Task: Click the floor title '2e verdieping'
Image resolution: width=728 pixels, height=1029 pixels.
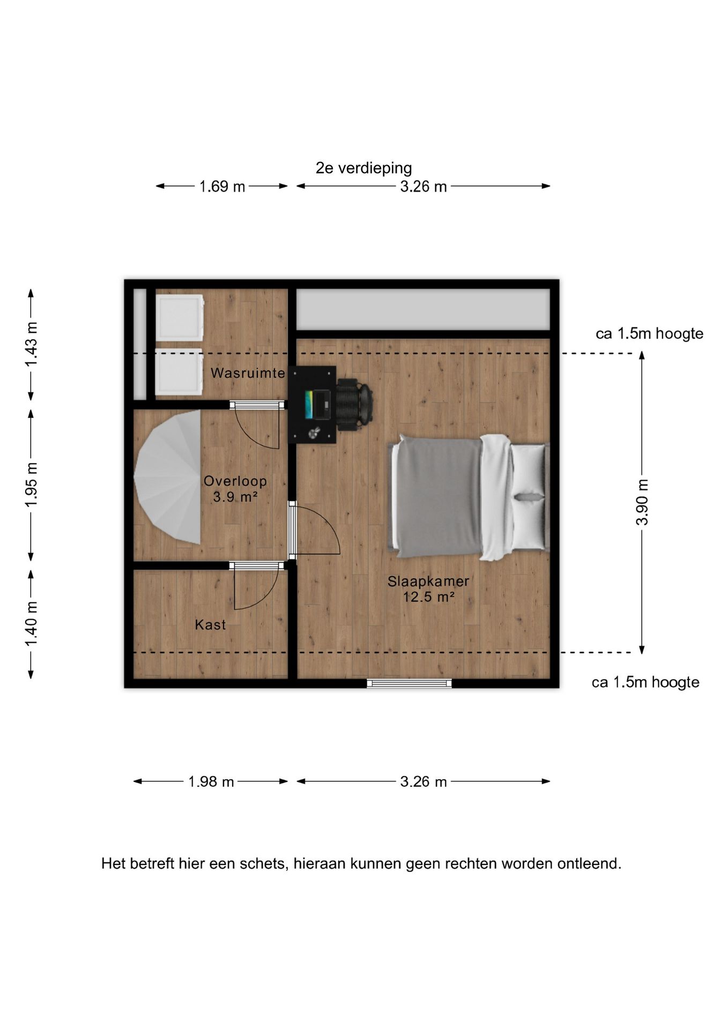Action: click(363, 168)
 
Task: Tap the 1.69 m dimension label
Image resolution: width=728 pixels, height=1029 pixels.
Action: click(222, 187)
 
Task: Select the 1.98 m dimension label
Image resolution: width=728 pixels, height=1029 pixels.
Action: click(211, 782)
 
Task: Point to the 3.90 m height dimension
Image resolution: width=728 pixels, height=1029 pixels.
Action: click(642, 502)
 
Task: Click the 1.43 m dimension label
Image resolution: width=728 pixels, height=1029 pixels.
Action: click(31, 345)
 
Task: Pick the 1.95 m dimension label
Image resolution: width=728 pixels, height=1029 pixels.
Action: click(31, 484)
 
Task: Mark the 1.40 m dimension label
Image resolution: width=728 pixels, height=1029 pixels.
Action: click(31, 624)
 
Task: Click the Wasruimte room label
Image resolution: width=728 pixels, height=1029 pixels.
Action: click(248, 373)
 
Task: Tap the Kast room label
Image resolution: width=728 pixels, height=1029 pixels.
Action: click(210, 624)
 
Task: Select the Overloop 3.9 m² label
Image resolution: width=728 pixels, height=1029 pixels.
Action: click(235, 489)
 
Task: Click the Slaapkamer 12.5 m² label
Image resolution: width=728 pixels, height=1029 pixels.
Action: click(428, 588)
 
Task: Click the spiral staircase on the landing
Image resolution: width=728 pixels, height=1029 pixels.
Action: click(167, 477)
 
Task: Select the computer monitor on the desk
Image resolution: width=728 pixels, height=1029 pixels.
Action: click(309, 405)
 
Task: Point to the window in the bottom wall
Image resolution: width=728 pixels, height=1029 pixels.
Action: click(409, 683)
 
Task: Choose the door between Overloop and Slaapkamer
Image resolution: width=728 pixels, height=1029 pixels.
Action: click(314, 529)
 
